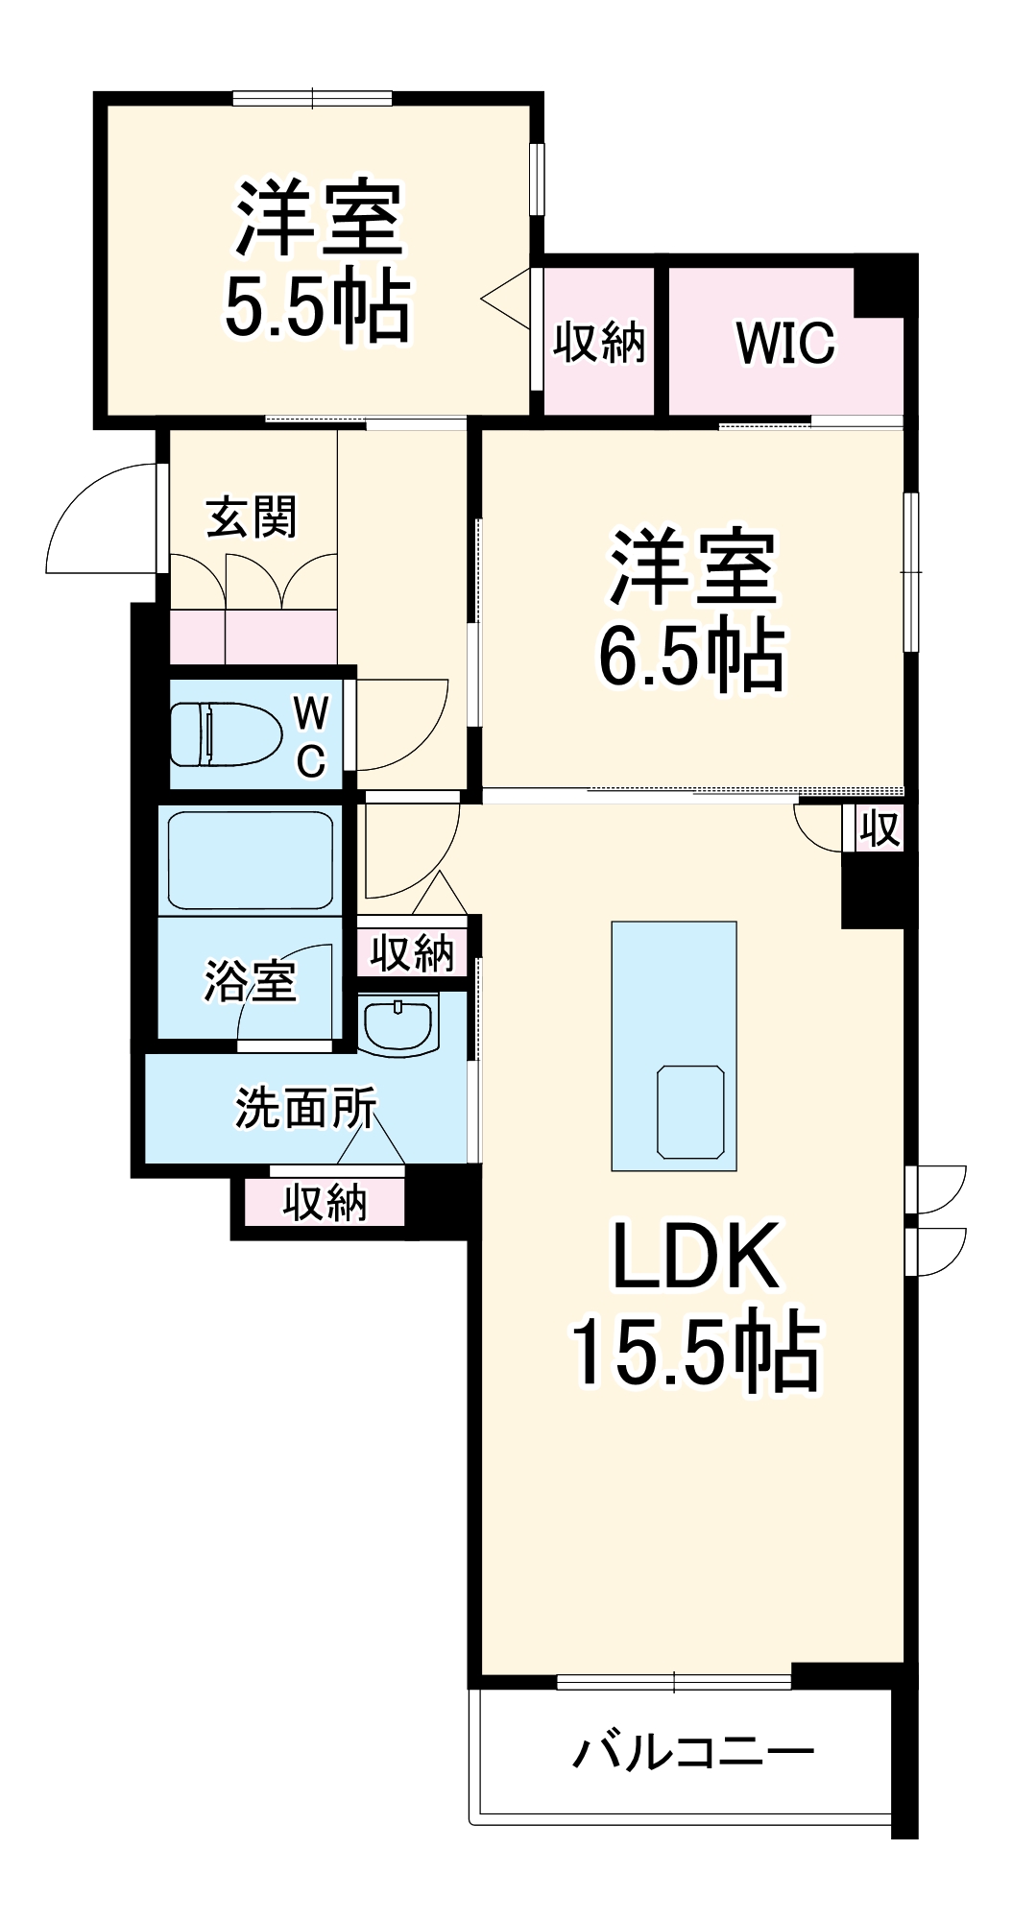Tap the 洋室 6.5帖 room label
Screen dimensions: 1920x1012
pyautogui.click(x=692, y=610)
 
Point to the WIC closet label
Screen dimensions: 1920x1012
pyautogui.click(x=785, y=343)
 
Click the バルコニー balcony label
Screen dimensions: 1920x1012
pyautogui.click(x=693, y=1752)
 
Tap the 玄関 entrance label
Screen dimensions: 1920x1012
pyautogui.click(x=252, y=517)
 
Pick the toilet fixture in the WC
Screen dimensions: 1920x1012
pyautogui.click(x=225, y=734)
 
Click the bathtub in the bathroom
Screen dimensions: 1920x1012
pyautogui.click(x=251, y=860)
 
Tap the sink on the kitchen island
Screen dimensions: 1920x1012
pyautogui.click(x=690, y=1112)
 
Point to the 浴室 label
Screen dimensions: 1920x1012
pyautogui.click(x=250, y=981)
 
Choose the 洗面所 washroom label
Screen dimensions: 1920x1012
pyautogui.click(x=306, y=1109)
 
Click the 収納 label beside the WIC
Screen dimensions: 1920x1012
pyautogui.click(x=599, y=342)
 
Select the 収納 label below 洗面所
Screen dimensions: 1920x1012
pyautogui.click(x=325, y=1202)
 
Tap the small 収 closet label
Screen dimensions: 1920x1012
pyautogui.click(x=879, y=828)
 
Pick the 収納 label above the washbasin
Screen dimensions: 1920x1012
pyautogui.click(x=412, y=953)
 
